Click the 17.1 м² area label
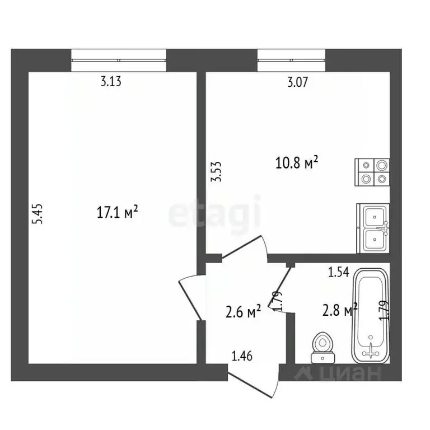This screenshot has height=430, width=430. [x=117, y=212]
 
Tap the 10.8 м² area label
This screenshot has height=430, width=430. [x=297, y=162]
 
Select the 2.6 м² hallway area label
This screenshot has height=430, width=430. [x=243, y=311]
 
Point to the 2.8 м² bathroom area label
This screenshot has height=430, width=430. [x=339, y=310]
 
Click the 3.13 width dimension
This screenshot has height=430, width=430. [x=111, y=81]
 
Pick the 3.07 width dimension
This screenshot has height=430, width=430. [x=297, y=82]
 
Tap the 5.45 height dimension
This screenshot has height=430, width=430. [x=38, y=214]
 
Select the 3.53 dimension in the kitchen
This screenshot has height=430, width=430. [x=216, y=172]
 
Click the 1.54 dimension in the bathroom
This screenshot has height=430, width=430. [x=339, y=272]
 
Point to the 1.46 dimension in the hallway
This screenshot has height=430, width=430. [x=242, y=356]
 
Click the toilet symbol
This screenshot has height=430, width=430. [x=322, y=348]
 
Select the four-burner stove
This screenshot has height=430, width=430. [x=372, y=172]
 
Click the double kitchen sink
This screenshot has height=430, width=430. [x=373, y=228]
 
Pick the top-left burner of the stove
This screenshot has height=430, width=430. [x=366, y=165]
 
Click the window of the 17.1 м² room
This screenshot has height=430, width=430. [x=119, y=60]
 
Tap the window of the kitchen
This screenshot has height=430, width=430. [x=291, y=60]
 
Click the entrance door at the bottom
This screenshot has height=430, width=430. [x=254, y=381]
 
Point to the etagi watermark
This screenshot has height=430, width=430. [x=215, y=213]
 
